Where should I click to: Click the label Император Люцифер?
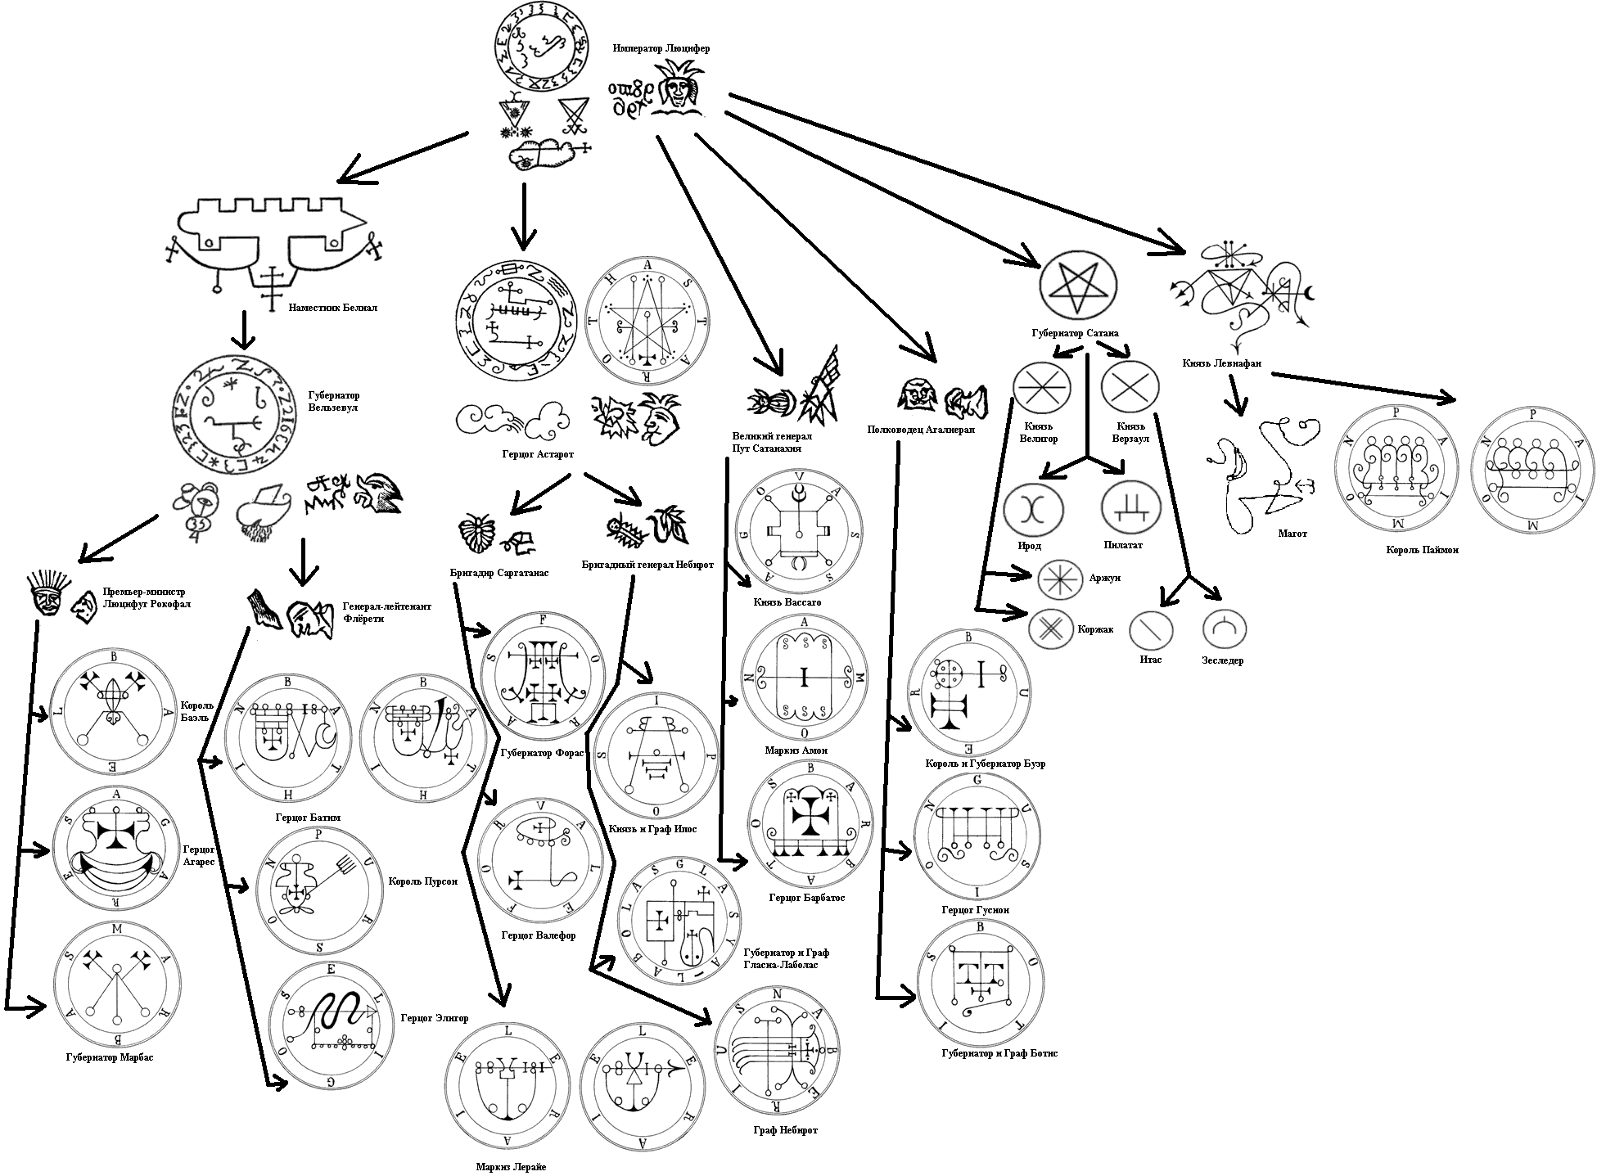661,48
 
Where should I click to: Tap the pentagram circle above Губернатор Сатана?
1079,284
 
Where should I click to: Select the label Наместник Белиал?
332,309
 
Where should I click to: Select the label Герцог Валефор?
538,935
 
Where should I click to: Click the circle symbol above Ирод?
1034,509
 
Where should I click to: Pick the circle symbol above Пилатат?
1131,508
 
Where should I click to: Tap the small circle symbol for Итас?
1151,630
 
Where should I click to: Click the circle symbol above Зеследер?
1225,629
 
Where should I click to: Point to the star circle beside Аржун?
1060,579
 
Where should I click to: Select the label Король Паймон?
1422,550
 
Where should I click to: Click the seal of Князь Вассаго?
799,530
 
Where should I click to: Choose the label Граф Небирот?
785,1130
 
